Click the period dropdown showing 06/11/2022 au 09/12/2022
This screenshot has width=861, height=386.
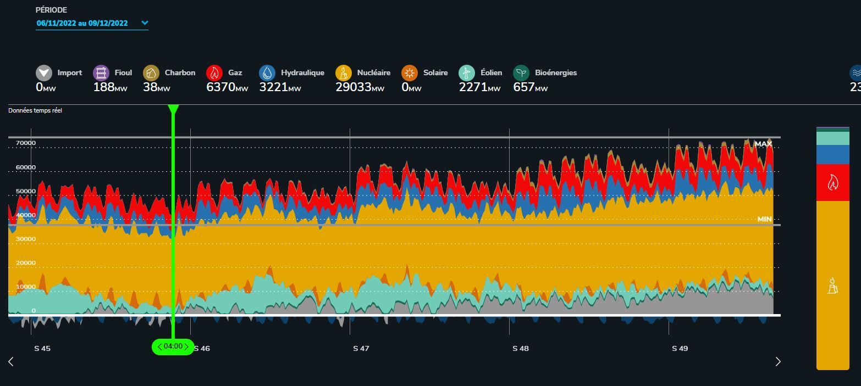[x=92, y=23]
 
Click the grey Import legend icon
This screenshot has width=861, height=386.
[x=44, y=73]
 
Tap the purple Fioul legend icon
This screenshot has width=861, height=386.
[x=101, y=73]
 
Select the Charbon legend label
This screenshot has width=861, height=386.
[x=180, y=72]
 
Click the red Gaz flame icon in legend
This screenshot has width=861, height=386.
[x=214, y=73]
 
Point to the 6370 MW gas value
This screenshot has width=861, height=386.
[x=227, y=87]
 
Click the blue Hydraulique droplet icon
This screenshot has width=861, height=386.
[x=267, y=73]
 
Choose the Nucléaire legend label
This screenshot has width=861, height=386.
[x=373, y=72]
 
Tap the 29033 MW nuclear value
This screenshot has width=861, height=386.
[x=360, y=87]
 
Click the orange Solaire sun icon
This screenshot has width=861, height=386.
[x=410, y=73]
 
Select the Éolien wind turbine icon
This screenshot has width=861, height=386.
[x=467, y=73]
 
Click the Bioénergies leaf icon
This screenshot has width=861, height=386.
[x=521, y=73]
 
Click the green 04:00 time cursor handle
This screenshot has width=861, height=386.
[x=173, y=346]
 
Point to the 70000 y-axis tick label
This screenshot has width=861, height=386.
[x=26, y=143]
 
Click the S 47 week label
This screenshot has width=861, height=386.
[x=361, y=348]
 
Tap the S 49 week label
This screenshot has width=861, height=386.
[x=680, y=348]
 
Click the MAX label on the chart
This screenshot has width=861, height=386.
[x=763, y=144]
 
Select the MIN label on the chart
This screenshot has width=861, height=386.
[x=764, y=219]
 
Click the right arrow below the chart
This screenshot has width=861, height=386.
[x=777, y=361]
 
